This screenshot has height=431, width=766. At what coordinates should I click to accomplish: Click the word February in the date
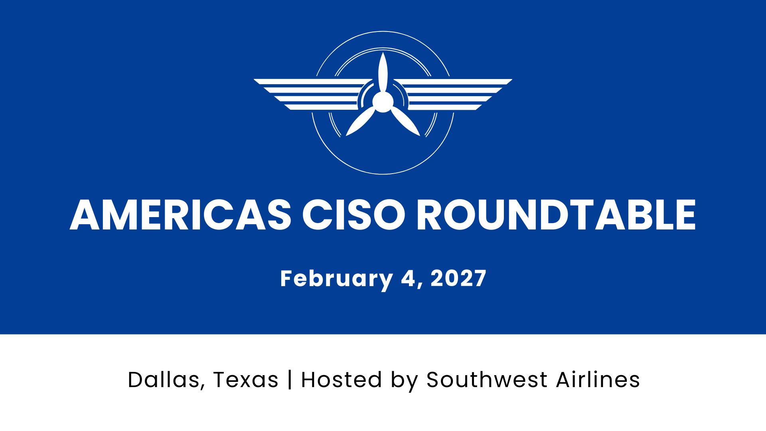pyautogui.click(x=336, y=279)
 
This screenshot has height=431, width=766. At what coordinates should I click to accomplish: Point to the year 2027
pyautogui.click(x=458, y=278)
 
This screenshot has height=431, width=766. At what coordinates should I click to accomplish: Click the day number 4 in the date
pyautogui.click(x=408, y=278)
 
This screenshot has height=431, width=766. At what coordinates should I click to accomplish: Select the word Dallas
pyautogui.click(x=163, y=380)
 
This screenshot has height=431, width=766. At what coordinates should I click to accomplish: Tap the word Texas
pyautogui.click(x=246, y=380)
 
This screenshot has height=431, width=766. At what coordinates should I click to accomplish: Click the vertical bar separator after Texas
pyautogui.click(x=290, y=380)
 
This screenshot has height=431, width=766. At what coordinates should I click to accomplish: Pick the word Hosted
pyautogui.click(x=342, y=380)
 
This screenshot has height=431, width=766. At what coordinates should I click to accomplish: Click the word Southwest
pyautogui.click(x=487, y=380)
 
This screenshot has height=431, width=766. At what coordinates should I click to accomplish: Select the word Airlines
pyautogui.click(x=598, y=380)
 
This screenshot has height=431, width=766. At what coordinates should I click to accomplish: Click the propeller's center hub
pyautogui.click(x=383, y=102)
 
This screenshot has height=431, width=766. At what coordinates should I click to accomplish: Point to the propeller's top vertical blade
pyautogui.click(x=383, y=72)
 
